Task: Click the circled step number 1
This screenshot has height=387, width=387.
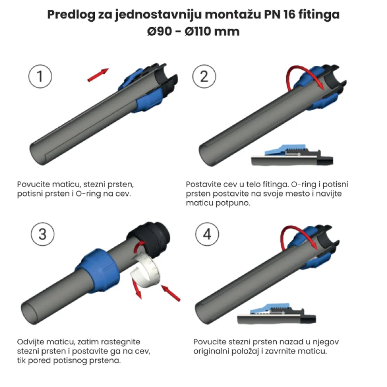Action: click(40, 76)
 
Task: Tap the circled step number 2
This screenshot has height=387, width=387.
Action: click(204, 76)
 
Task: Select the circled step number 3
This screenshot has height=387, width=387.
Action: click(43, 234)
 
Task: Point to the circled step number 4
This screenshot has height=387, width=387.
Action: click(207, 234)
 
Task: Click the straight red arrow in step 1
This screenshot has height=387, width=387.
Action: click(98, 75)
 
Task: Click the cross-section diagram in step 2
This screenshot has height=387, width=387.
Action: click(292, 155)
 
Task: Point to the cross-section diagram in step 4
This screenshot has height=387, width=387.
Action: click(276, 314)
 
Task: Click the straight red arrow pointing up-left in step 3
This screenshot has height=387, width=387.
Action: click(171, 293)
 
